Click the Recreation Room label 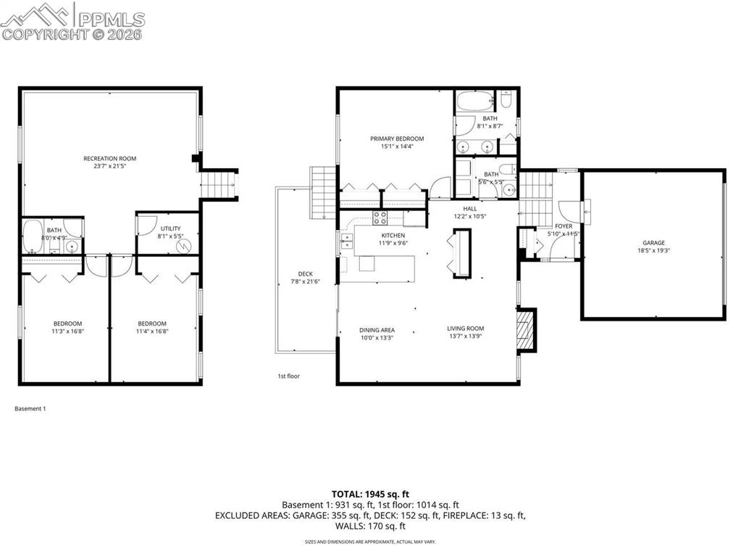tap(109, 158)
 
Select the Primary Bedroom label tap(396, 139)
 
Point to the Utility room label tap(170, 228)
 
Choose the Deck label tap(305, 274)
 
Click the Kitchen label tap(393, 236)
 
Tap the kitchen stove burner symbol tap(380, 218)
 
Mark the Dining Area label tap(377, 329)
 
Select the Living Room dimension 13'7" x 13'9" tap(465, 337)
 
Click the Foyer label tap(564, 226)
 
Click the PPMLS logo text tap(111, 20)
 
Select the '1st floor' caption tap(288, 376)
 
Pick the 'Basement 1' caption tap(30, 409)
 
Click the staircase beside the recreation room tap(219, 184)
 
